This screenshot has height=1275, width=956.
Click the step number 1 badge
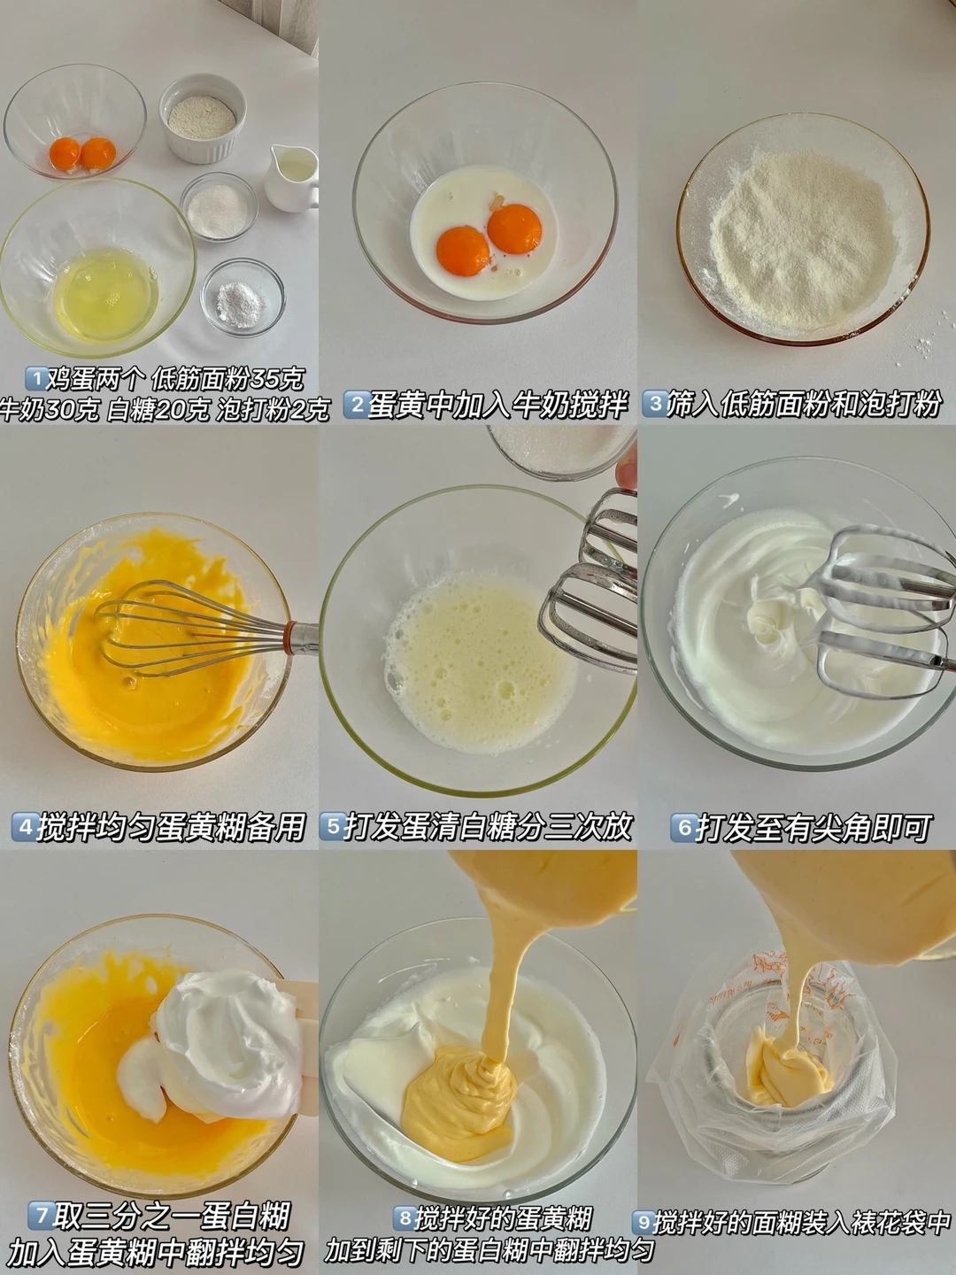tap(36, 379)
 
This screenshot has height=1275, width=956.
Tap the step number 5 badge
tap(332, 827)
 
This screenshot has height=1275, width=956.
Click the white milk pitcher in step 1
tap(292, 178)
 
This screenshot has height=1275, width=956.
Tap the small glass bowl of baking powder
tap(243, 297)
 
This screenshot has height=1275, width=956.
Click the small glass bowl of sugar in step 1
tap(219, 206)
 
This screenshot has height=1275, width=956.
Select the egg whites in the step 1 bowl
tap(105, 293)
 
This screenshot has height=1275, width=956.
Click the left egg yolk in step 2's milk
tap(463, 251)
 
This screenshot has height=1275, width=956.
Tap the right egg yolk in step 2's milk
tap(514, 228)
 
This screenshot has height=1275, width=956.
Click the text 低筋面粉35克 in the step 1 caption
tap(227, 380)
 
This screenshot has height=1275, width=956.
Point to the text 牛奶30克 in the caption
tap(49, 411)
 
